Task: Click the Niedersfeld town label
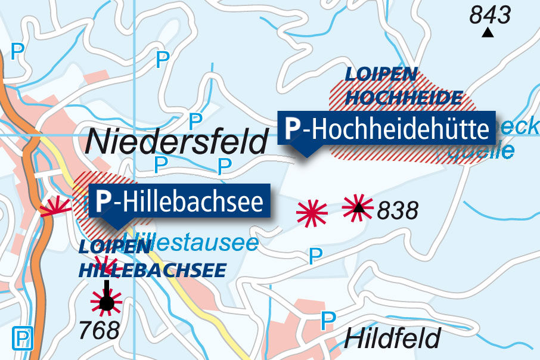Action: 177,142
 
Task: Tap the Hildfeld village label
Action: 392,339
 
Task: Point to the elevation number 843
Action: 490,14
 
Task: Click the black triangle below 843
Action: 488,33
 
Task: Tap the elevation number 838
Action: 398,210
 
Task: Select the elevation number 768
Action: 100,330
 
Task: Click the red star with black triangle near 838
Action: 358,207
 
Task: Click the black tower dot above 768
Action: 106,305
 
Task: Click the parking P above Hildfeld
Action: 327,321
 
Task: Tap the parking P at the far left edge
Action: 18,51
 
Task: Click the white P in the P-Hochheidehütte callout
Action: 293,128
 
